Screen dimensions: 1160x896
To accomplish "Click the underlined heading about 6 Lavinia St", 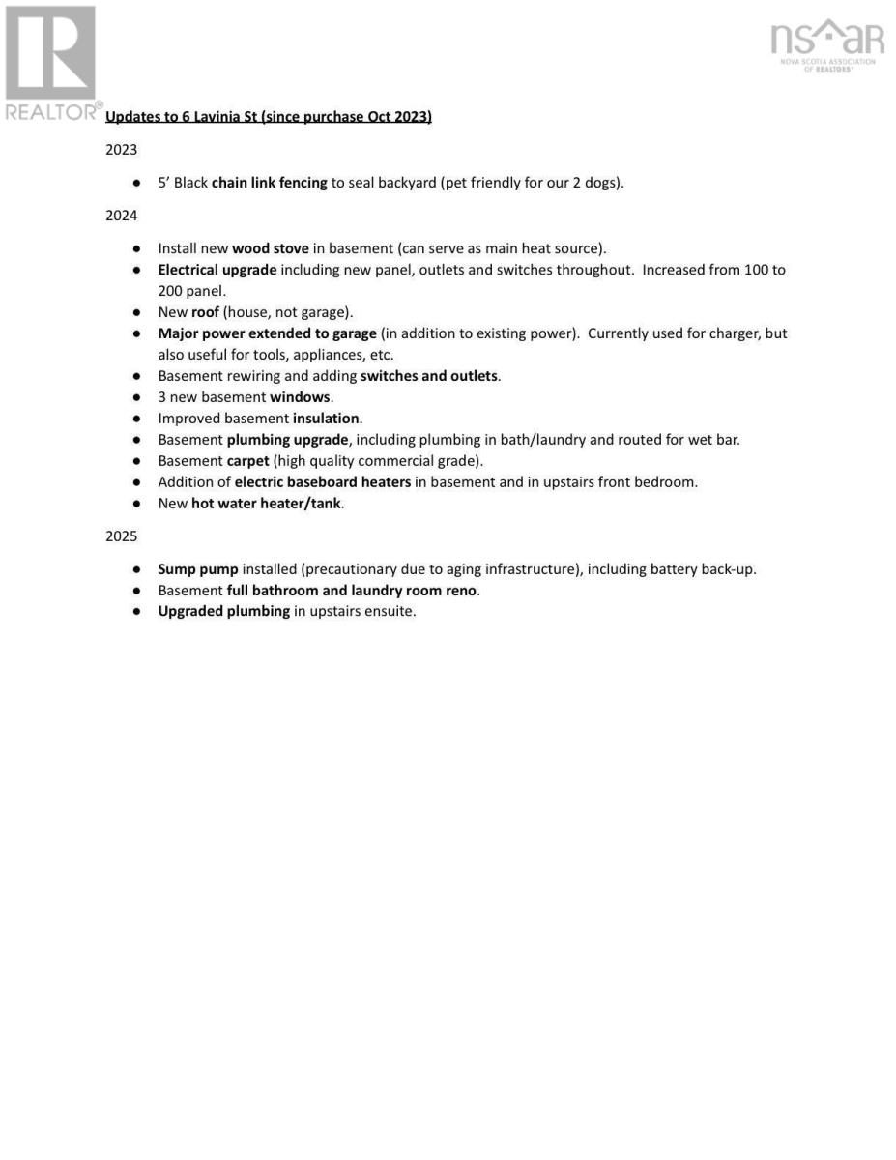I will coord(268,117).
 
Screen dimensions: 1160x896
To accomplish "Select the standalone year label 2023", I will coord(121,150).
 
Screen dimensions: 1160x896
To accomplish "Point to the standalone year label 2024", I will coord(121,216).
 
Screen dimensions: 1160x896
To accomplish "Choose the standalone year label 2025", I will coord(121,536).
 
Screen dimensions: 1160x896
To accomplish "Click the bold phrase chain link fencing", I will coord(269,182).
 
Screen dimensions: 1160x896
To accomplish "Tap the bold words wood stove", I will coord(270,248).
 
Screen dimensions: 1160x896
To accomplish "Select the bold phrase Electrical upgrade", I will coord(217,270).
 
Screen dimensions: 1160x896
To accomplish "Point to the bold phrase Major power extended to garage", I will coord(267,333).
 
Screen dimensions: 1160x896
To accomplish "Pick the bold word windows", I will coord(300,397).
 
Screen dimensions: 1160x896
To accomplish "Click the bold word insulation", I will coord(327,419).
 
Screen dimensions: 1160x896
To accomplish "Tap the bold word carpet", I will coord(247,461).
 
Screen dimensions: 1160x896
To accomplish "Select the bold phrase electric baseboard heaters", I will coord(322,482).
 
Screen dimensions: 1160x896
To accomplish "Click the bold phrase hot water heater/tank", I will coord(266,504).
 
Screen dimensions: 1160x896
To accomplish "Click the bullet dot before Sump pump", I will coord(138,569).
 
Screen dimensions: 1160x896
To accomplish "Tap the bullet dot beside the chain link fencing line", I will coord(138,182).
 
